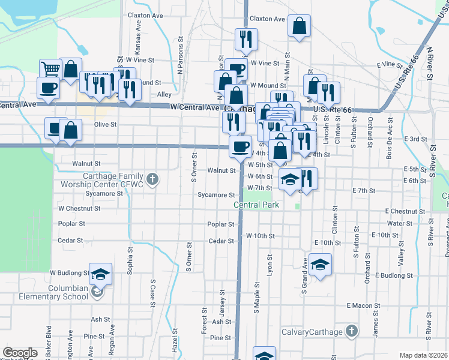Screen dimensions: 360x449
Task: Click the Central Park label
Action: (257, 205)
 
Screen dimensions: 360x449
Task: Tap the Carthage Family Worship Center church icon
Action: (152, 179)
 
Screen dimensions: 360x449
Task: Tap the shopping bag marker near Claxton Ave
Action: (299, 26)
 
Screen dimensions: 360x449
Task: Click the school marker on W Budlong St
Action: (101, 274)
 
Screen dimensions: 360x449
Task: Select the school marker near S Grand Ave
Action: (321, 265)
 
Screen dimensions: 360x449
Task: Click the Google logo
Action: (20, 353)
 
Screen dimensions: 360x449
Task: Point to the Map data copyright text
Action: (424, 355)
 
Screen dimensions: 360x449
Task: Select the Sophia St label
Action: (130, 260)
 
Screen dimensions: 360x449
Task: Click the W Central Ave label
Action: (195, 107)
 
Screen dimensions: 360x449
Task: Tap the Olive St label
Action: (105, 124)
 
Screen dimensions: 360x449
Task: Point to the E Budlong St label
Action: (394, 275)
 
